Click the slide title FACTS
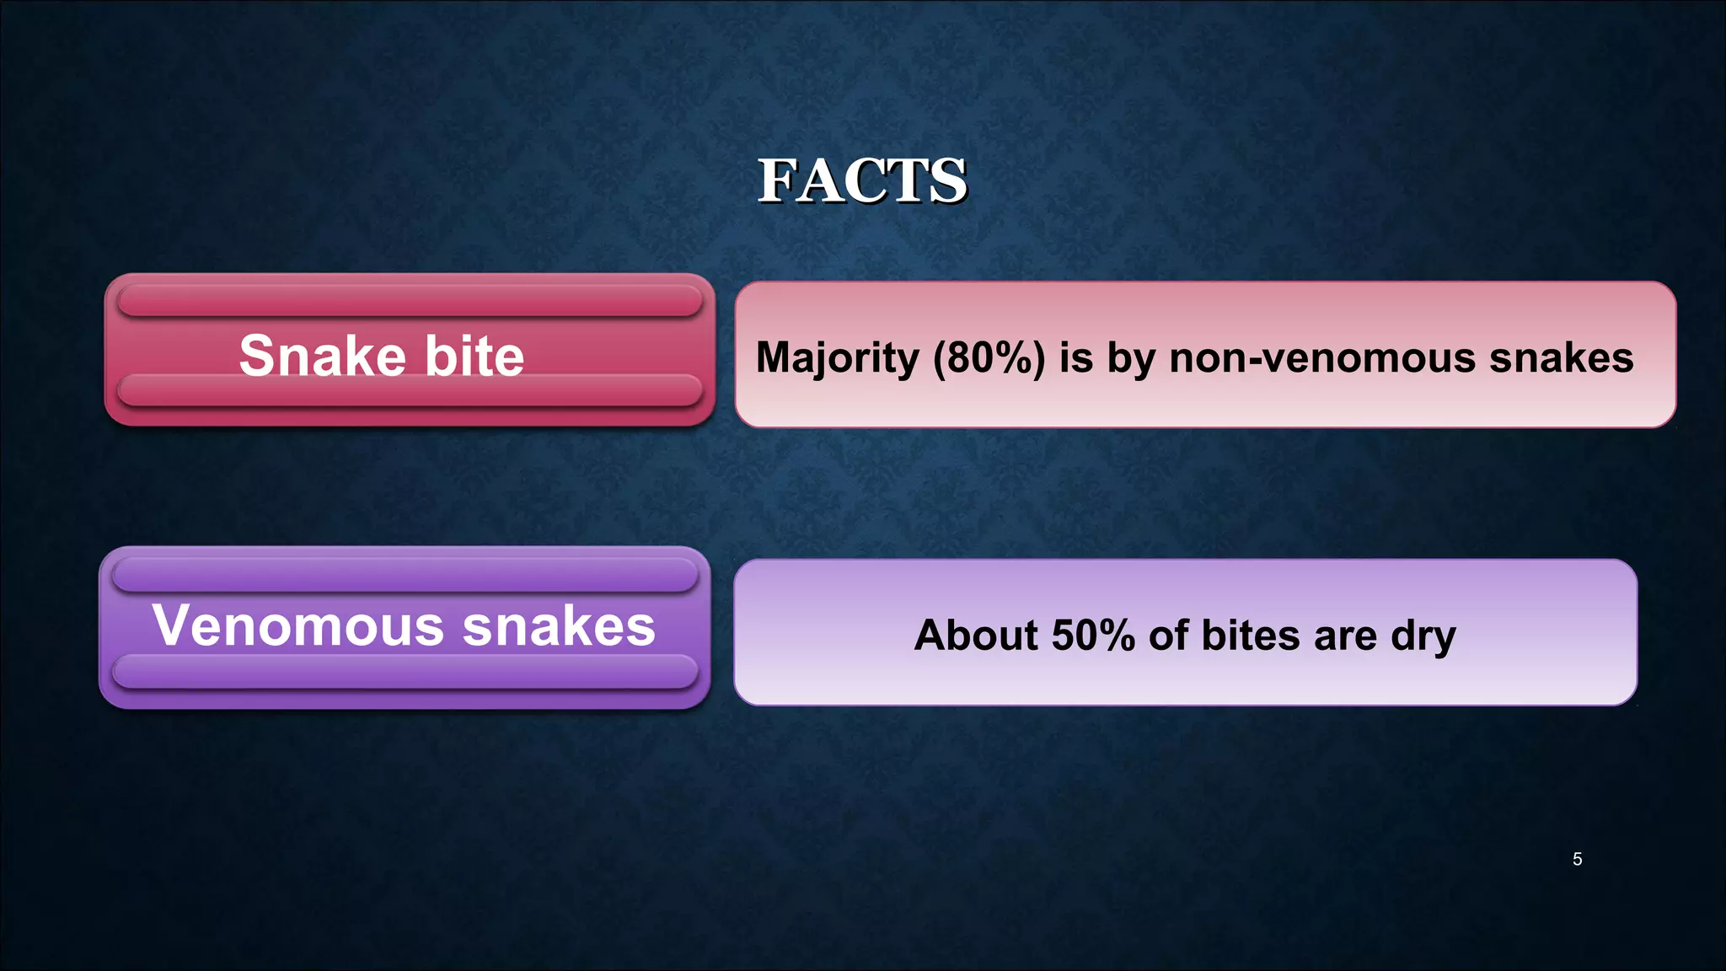[x=862, y=180]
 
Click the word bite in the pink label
[x=474, y=356]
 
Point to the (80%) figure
[x=989, y=357]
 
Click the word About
[x=976, y=635]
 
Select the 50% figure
[x=1093, y=635]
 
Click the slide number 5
[x=1577, y=859]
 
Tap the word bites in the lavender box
[x=1251, y=635]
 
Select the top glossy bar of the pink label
[x=410, y=300]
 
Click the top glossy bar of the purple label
[x=405, y=574]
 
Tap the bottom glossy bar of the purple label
[x=405, y=672]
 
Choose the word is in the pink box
[x=1076, y=357]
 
